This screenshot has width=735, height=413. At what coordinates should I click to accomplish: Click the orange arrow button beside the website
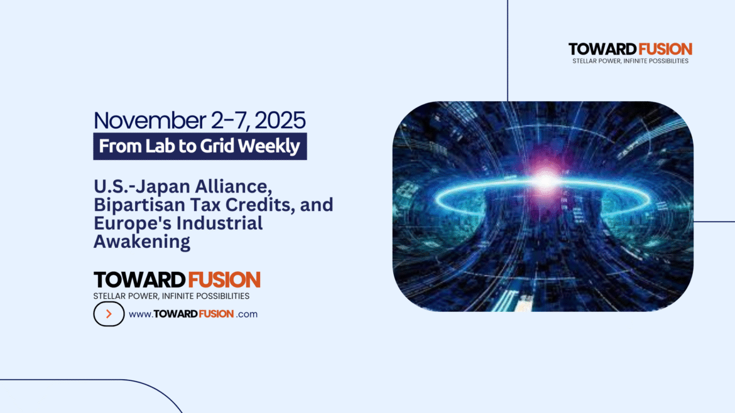coord(109,314)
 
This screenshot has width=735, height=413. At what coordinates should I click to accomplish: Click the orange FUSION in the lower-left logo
coord(224,280)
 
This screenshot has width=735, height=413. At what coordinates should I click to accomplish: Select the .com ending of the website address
coord(248,314)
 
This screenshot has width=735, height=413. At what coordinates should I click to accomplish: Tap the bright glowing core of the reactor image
coord(544,181)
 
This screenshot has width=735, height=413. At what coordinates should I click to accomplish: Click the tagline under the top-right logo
coord(630,61)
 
